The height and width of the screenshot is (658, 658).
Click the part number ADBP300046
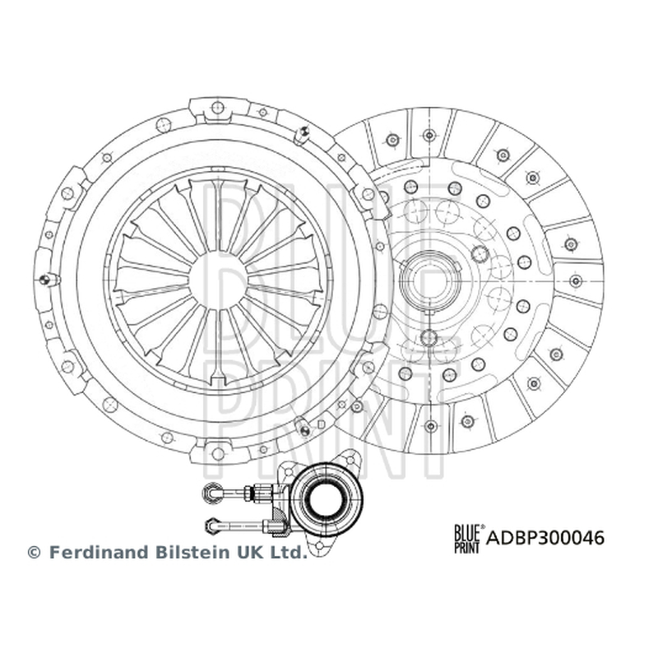pyautogui.click(x=545, y=538)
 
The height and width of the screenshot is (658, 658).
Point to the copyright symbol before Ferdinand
pyautogui.click(x=34, y=553)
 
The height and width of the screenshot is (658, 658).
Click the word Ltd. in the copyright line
pyautogui.click(x=289, y=552)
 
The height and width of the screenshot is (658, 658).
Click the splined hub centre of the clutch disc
pyautogui.click(x=430, y=280)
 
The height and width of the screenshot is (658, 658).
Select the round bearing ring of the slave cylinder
pyautogui.click(x=327, y=498)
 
